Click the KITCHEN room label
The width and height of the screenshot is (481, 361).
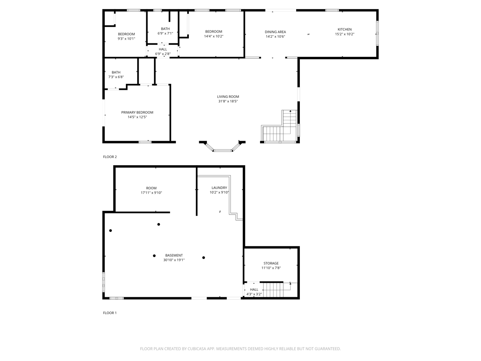click(344, 29)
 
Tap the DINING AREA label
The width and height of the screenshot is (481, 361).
click(275, 32)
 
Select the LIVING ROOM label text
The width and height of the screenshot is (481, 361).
click(228, 96)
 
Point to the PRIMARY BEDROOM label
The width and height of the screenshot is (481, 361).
click(137, 112)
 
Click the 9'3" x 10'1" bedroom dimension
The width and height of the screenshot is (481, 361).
click(126, 39)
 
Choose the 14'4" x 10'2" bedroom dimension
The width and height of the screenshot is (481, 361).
click(214, 36)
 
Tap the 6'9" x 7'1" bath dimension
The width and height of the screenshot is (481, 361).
click(165, 33)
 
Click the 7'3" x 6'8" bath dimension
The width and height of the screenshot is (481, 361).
click(116, 77)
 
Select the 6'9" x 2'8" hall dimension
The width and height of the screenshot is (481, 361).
click(163, 54)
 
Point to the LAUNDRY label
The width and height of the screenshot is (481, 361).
click(219, 188)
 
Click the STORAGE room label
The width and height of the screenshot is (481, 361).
click(271, 263)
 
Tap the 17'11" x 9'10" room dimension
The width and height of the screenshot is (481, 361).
click(151, 193)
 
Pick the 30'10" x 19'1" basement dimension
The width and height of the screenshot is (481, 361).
click(174, 260)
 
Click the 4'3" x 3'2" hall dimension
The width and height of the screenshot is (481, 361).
click(254, 294)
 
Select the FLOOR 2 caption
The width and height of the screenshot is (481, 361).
click(110, 157)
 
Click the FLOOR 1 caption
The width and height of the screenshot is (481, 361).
click(110, 313)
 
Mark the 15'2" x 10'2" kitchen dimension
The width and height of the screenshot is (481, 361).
click(344, 34)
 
